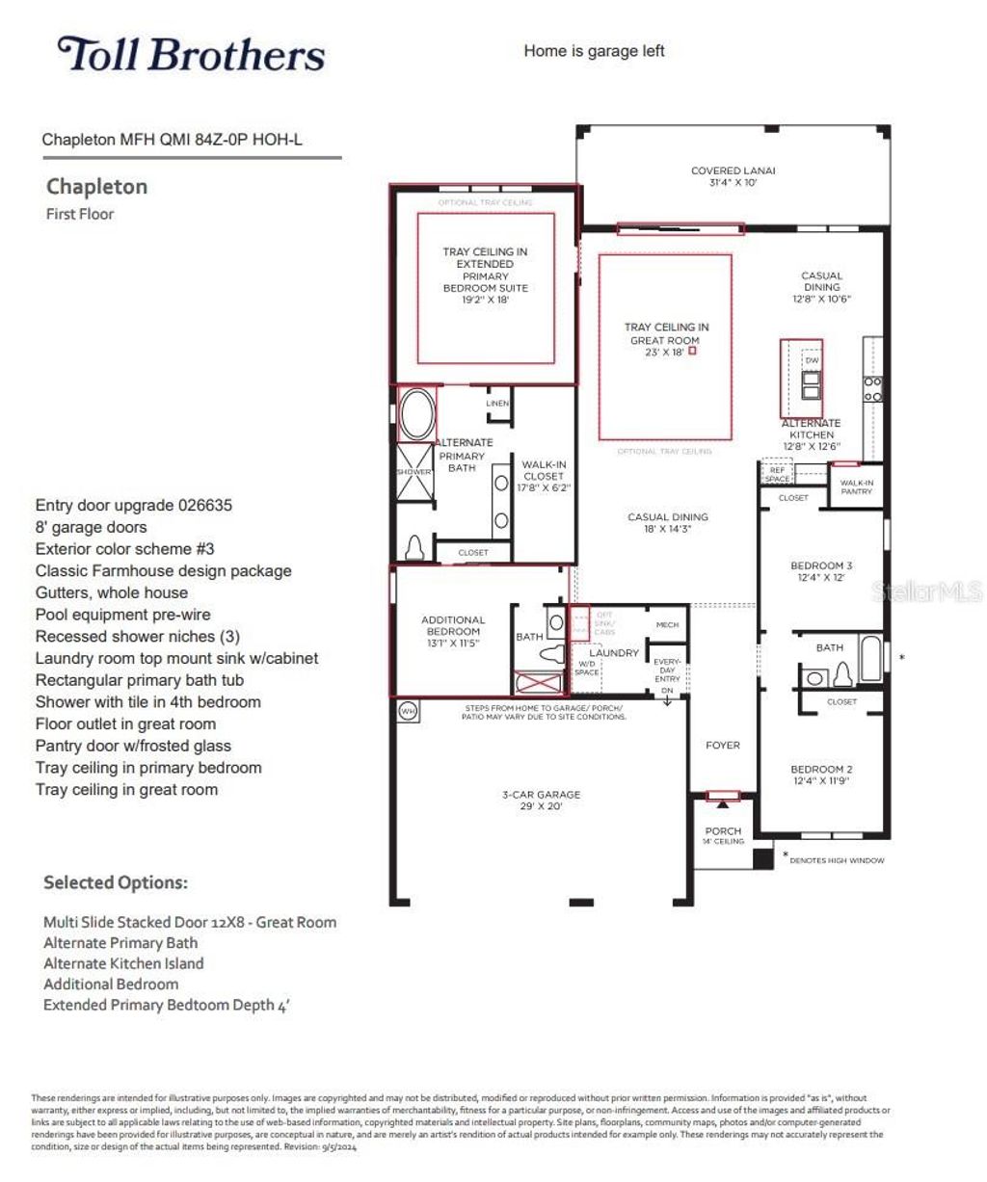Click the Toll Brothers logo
click(x=191, y=55)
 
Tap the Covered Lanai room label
click(x=733, y=176)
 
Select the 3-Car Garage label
click(x=541, y=800)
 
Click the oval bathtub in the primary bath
click(x=416, y=414)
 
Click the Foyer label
click(x=723, y=745)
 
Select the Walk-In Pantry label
click(x=856, y=486)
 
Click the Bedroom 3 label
click(x=821, y=571)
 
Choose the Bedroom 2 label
click(x=821, y=775)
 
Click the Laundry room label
click(x=614, y=653)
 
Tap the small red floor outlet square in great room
click(x=692, y=352)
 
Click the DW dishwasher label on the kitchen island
click(x=812, y=360)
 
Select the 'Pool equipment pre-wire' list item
click(x=122, y=615)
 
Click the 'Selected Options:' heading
click(x=116, y=882)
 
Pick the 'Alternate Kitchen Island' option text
click(x=123, y=963)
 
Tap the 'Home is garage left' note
click(x=594, y=51)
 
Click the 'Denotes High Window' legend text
click(x=836, y=860)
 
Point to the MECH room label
click(x=667, y=625)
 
